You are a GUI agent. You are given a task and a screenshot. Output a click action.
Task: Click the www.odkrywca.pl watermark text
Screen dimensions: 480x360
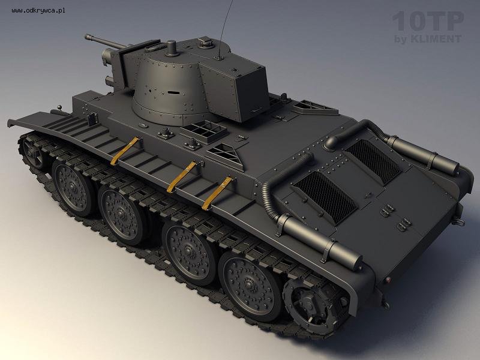coord(38,11)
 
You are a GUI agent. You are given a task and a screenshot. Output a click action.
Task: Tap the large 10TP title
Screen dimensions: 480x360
coord(428,22)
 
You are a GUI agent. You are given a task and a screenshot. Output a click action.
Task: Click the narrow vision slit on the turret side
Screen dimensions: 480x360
coord(173,92)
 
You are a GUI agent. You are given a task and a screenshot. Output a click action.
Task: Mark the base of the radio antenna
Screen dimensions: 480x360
coord(219,58)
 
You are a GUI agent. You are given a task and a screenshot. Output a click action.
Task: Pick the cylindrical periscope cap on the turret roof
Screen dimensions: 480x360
coord(172,49)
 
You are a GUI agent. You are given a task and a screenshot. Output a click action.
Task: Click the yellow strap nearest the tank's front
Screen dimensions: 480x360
coord(125,151)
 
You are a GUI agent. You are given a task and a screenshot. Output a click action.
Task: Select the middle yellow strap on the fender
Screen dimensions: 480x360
coord(182,177)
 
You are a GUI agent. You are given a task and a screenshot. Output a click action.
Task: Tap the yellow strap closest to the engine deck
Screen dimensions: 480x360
coord(217,193)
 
